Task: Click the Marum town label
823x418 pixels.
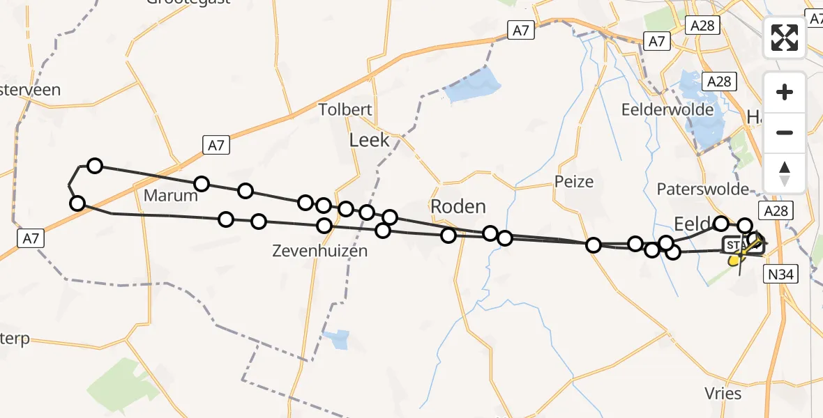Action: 171,196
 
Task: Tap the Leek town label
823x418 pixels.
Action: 369,141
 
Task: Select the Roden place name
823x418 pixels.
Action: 458,206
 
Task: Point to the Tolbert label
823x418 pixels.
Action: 345,109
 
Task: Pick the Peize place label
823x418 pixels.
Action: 574,182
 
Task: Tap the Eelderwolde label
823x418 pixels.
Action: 668,109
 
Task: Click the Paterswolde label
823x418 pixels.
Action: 702,189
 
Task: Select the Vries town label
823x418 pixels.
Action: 723,394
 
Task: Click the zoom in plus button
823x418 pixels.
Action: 785,92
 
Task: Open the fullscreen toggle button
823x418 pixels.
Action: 785,38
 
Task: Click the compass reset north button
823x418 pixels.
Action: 785,173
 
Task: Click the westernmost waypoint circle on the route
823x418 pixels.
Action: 77,203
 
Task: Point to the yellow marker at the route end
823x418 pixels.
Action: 734,261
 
